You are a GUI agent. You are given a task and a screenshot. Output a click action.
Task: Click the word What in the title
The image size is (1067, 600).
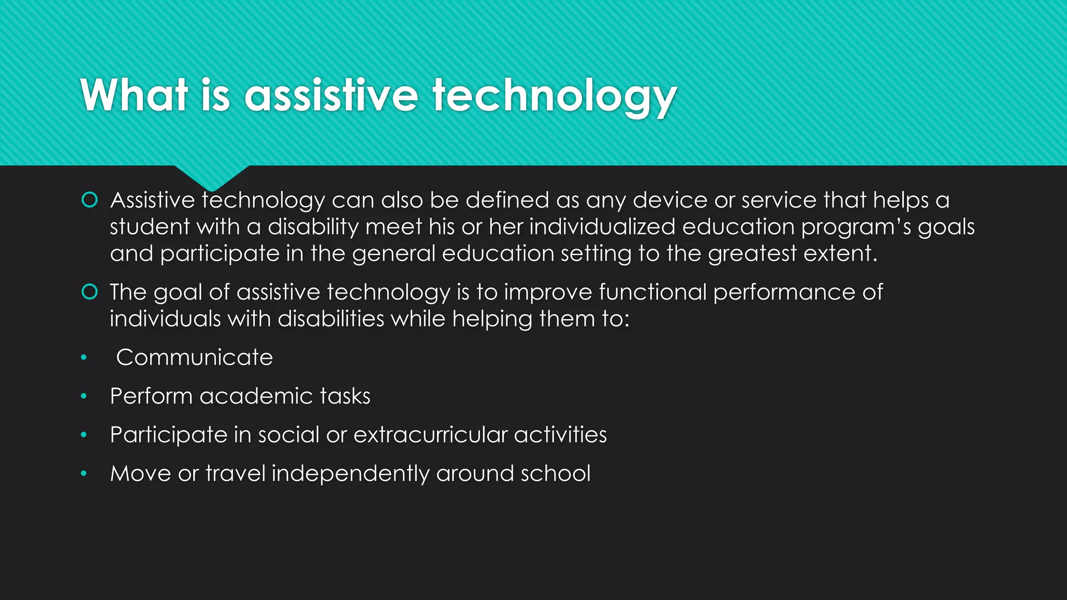pos(134,95)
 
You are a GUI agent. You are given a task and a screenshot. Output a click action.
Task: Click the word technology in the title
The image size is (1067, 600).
pos(554,96)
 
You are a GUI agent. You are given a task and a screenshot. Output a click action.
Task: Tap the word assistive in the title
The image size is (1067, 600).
pos(331,95)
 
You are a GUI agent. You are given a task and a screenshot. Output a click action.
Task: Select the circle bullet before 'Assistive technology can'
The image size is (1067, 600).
pos(90,200)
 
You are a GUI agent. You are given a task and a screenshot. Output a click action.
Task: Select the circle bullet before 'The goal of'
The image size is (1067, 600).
pos(90,292)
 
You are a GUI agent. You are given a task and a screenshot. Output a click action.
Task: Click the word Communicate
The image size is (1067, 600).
pos(194,358)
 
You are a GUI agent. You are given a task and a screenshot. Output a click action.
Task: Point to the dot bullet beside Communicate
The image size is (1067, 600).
pos(84,358)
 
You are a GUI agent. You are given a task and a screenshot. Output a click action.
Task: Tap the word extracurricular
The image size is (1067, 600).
pos(430,435)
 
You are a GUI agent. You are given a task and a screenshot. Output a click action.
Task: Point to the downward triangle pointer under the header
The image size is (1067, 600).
pos(212,177)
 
